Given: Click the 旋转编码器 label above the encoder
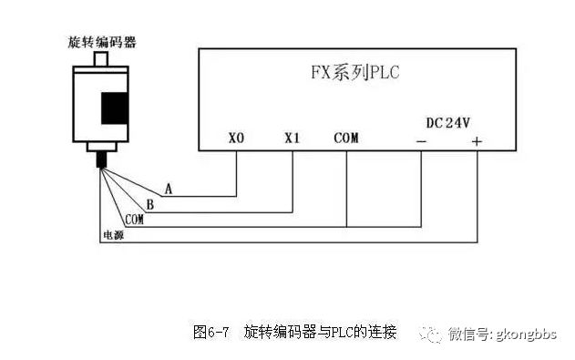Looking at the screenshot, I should (102, 42).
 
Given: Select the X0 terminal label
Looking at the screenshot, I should (236, 139).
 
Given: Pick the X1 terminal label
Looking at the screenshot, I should (292, 139).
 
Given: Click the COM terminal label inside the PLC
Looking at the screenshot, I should (346, 139).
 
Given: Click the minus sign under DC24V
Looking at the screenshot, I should (421, 141).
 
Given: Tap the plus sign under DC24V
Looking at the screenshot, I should (476, 141).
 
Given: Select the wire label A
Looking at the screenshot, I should (168, 190).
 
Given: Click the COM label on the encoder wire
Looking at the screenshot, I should (134, 220).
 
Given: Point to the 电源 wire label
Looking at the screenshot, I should (113, 235).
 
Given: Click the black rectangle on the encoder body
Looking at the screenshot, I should (114, 107).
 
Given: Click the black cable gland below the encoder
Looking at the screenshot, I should (101, 160).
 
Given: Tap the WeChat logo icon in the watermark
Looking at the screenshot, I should (430, 333).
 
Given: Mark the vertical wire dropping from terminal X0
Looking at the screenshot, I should (236, 173).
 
